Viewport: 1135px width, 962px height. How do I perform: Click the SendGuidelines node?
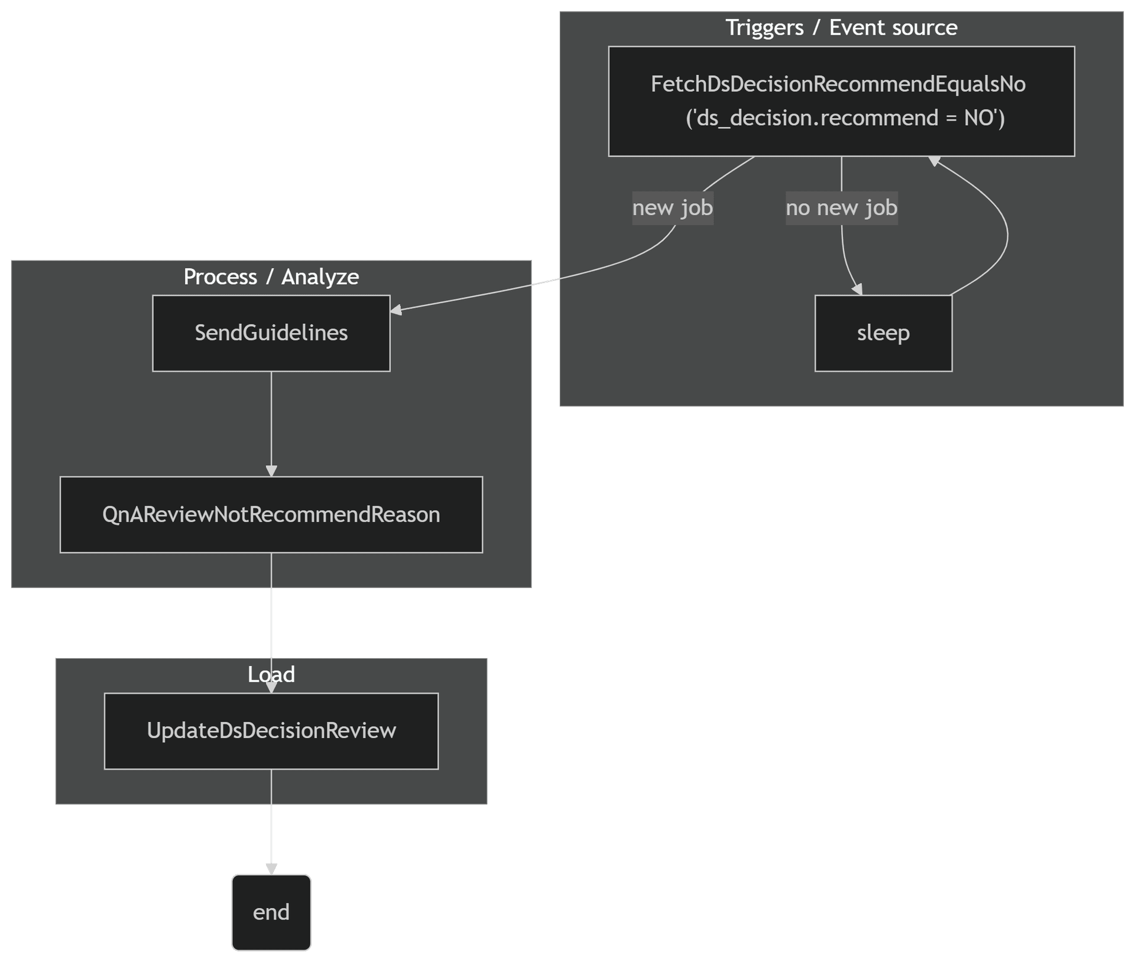pos(271,333)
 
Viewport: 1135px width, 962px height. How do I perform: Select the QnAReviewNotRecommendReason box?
pos(271,515)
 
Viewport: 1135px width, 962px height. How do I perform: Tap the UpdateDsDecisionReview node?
pos(271,731)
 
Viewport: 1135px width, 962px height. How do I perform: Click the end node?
pos(271,912)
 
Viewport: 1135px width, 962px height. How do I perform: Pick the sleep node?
pos(883,333)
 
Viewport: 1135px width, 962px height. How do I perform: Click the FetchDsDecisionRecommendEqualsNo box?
pos(841,84)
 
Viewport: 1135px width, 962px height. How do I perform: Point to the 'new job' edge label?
pos(673,208)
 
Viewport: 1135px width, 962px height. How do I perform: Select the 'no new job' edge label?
pos(841,208)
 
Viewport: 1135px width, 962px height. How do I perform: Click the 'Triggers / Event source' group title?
pos(841,28)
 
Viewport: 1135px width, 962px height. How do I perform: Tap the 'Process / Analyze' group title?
pos(271,277)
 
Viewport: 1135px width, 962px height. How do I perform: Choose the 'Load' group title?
pos(271,675)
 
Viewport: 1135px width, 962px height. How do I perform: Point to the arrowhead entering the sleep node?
pos(858,290)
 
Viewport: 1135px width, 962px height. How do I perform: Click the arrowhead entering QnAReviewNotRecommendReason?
pos(271,471)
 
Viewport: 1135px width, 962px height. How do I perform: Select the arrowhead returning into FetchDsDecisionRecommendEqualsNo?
pos(935,161)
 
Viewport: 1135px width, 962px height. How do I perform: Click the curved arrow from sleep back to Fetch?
pos(1006,236)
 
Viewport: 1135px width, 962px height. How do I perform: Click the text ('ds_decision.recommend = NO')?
pos(845,118)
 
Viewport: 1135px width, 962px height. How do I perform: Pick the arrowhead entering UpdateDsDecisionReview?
pos(271,687)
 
